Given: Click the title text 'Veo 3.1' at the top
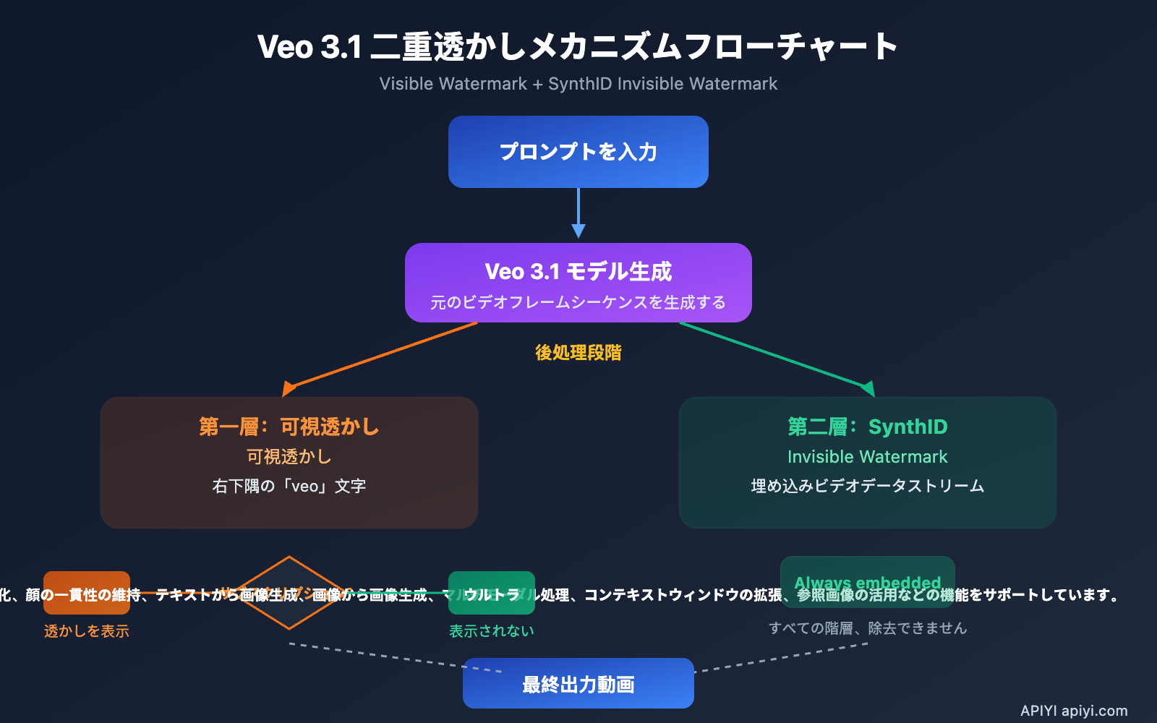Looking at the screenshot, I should (x=309, y=47).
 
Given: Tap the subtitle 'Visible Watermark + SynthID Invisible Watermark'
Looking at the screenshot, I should (x=578, y=84).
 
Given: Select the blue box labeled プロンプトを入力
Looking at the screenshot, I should (x=578, y=152).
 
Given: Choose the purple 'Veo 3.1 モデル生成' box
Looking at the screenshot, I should (x=578, y=282).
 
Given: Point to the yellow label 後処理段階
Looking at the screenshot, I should (x=578, y=353).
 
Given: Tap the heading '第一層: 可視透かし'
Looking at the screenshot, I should (x=289, y=427).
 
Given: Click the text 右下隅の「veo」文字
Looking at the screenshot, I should (x=289, y=486).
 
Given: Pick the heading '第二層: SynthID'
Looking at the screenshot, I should (x=867, y=427).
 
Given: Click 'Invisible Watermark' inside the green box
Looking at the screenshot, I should (x=867, y=457).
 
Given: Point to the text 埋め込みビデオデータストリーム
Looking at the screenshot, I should (x=867, y=486).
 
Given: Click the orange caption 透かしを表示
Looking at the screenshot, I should (x=86, y=631).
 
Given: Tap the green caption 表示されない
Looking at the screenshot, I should (x=491, y=631).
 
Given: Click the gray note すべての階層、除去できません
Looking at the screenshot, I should (x=867, y=628).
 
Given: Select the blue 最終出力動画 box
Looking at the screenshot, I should (x=578, y=684).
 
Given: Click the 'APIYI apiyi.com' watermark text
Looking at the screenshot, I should (x=1074, y=711).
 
